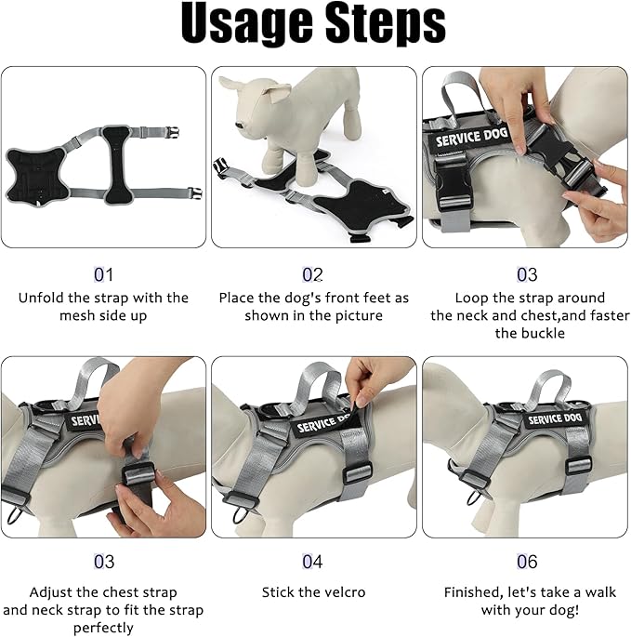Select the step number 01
[103, 275]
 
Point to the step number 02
[313, 275]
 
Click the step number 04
[313, 562]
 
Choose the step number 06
[527, 562]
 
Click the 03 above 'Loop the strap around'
[527, 275]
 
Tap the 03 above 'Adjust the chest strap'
[103, 562]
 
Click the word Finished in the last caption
[473, 592]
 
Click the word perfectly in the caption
[103, 628]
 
